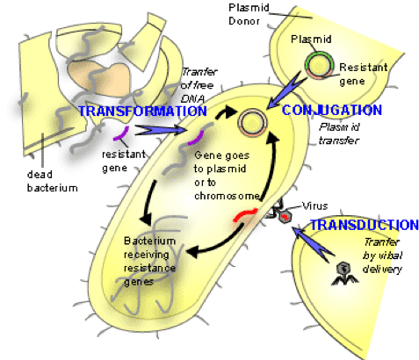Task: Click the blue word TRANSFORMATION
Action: coord(143,111)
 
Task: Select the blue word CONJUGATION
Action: coord(332,110)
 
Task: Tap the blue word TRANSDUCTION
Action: coord(365,225)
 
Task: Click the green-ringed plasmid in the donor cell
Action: coord(319,65)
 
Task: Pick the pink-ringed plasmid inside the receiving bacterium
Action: coord(252,123)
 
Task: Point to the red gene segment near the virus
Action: coord(245,214)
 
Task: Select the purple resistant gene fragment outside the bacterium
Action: coord(121,133)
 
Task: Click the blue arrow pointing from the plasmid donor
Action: coord(287,89)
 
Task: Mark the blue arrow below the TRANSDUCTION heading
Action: coord(314,243)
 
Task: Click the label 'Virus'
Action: coord(314,206)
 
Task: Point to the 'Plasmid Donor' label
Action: coord(249,14)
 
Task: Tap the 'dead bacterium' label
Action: coord(53,181)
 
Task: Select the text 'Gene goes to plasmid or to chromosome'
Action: coord(227,176)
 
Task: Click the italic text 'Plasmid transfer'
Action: coord(339,133)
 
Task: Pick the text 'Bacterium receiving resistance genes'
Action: coord(150,262)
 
